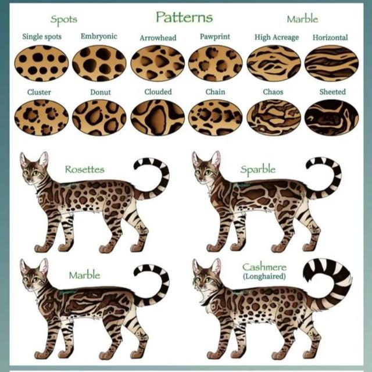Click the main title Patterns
(184, 17)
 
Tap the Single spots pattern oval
(41, 63)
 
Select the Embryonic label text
(99, 36)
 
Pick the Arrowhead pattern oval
(158, 63)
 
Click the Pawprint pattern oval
(216, 63)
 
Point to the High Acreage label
(277, 37)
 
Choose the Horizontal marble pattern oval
(331, 63)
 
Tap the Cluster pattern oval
(41, 117)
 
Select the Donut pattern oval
(99, 117)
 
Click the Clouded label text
(158, 92)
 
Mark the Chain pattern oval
(216, 117)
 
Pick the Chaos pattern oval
(274, 117)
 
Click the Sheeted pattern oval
(331, 117)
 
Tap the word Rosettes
(85, 170)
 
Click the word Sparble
(258, 170)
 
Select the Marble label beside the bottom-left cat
(84, 275)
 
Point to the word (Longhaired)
(264, 277)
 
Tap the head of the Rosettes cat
(34, 169)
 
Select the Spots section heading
(64, 20)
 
